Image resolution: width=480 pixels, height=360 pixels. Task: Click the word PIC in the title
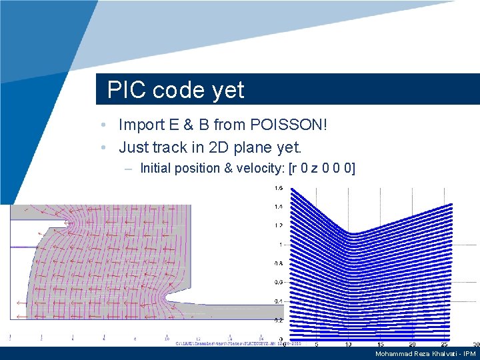[126, 90]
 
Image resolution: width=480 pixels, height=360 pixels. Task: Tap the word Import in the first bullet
[139, 125]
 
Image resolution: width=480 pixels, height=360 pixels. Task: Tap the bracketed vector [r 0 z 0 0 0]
[322, 168]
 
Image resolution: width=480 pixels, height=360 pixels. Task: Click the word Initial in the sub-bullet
[157, 168]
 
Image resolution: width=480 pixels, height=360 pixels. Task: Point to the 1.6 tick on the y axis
[277, 187]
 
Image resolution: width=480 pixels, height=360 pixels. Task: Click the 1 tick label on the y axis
[280, 244]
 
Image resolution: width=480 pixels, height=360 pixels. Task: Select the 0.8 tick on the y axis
[277, 263]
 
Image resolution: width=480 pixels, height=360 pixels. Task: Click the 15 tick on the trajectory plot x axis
[380, 345]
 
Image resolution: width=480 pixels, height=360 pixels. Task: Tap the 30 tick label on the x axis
[475, 345]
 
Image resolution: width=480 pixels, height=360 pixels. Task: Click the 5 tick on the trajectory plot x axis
[316, 345]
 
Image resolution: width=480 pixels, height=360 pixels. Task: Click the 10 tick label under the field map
[167, 338]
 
